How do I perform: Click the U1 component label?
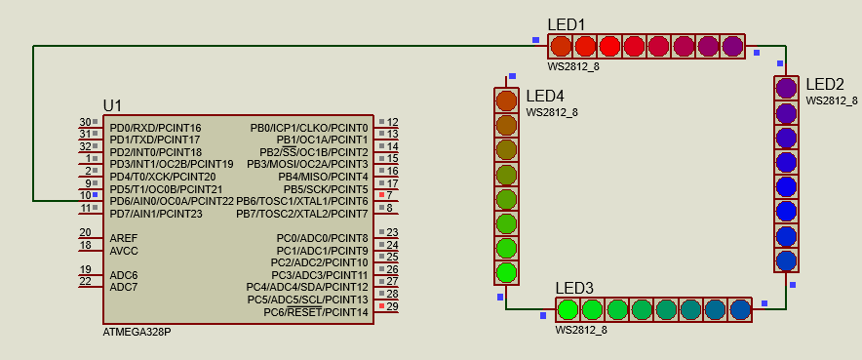pos(113,105)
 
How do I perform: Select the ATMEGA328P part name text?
pos(137,332)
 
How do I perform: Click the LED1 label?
pos(566,25)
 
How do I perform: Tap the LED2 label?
pos(824,85)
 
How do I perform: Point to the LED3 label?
pos(574,288)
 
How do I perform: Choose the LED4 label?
pos(545,97)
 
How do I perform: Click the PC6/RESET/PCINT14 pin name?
pos(316,312)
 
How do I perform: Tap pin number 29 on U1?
pos(392,306)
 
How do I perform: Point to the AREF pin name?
pos(124,238)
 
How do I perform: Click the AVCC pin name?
pos(124,251)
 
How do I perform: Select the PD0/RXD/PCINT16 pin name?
pos(156,128)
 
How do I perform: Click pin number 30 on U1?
pos(86,122)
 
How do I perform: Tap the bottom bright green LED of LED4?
pos(506,272)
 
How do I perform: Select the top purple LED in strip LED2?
pos(787,88)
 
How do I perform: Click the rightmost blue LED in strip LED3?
pos(740,310)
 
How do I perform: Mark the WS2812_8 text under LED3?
pos(581,330)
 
